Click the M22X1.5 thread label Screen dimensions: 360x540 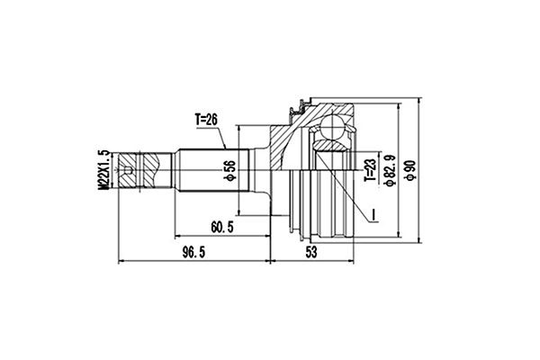pyautogui.click(x=104, y=168)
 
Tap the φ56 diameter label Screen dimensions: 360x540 pyautogui.click(x=230, y=167)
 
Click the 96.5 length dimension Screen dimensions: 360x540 pyautogui.click(x=189, y=253)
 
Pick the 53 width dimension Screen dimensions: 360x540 pyautogui.click(x=311, y=253)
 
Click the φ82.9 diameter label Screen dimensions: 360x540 pyautogui.click(x=390, y=167)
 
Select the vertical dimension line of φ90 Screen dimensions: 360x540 pyautogui.click(x=420, y=167)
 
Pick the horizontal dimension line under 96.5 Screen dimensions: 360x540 pyautogui.click(x=193, y=262)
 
